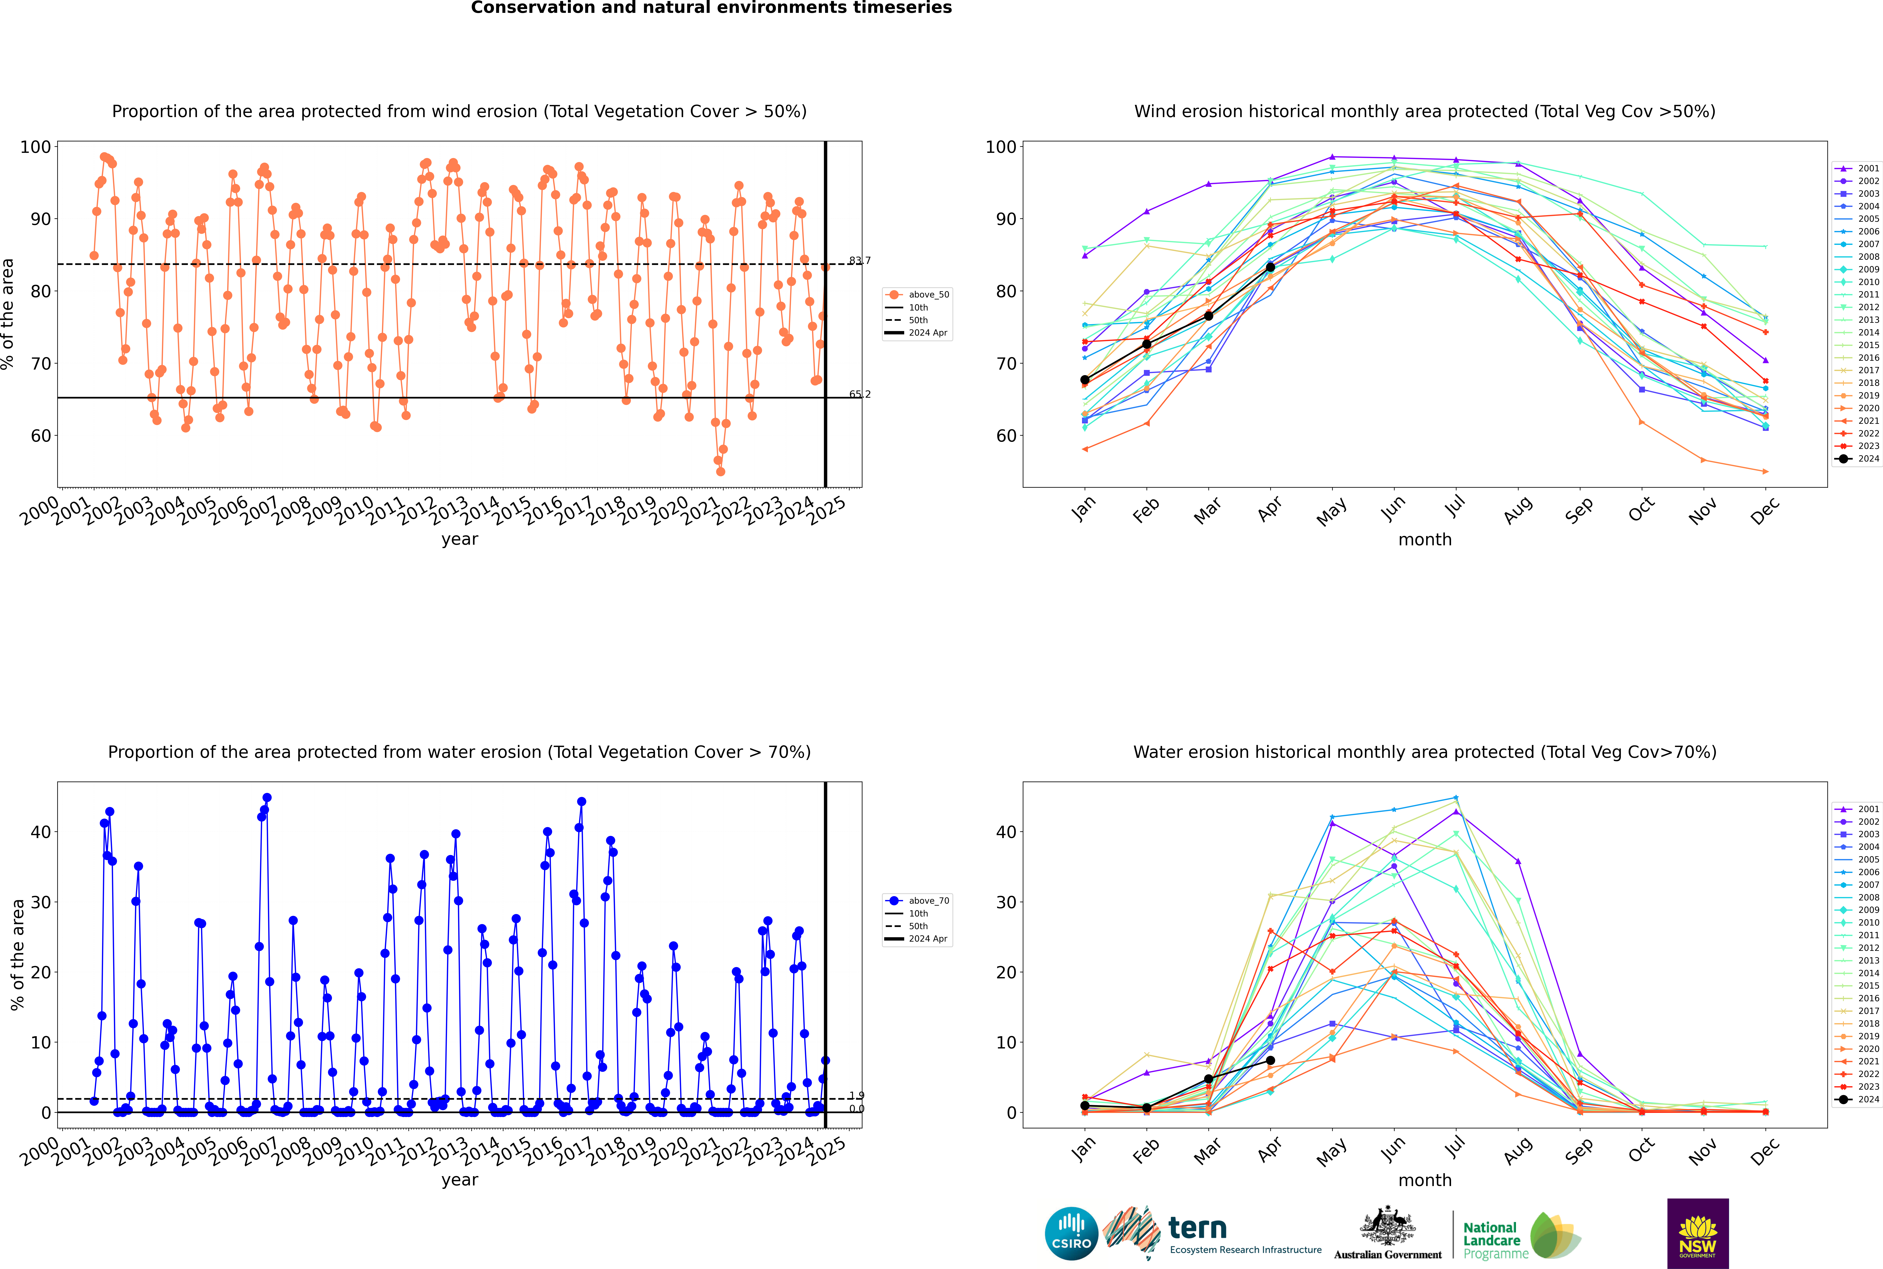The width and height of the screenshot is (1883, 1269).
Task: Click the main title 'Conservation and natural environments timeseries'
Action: click(711, 8)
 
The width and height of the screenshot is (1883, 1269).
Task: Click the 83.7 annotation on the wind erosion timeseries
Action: click(860, 261)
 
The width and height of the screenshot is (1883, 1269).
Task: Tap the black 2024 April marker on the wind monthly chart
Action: click(1270, 267)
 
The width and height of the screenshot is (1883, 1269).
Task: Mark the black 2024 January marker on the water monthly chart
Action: click(1085, 1106)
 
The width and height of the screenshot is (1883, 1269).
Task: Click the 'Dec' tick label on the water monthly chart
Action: click(1765, 1151)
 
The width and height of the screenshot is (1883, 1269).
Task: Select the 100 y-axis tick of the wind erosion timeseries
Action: click(36, 147)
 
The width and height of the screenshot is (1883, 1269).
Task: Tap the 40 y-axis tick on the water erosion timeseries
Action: click(40, 832)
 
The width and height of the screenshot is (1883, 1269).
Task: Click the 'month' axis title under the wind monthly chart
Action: click(1425, 540)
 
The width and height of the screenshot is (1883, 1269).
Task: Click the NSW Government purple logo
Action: click(1698, 1233)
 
